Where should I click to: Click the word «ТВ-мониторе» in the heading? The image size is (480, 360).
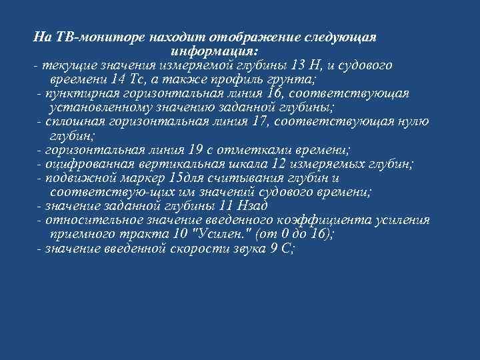(x=91, y=36)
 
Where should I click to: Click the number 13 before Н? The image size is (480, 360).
(x=299, y=65)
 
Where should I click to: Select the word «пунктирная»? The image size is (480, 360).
(x=76, y=93)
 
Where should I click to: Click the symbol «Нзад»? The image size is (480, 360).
(x=257, y=207)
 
